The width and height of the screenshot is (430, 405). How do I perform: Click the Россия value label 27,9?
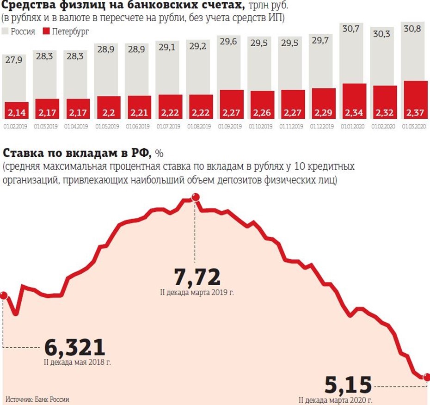pos(16,59)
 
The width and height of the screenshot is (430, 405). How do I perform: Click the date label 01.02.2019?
pos(16,125)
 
